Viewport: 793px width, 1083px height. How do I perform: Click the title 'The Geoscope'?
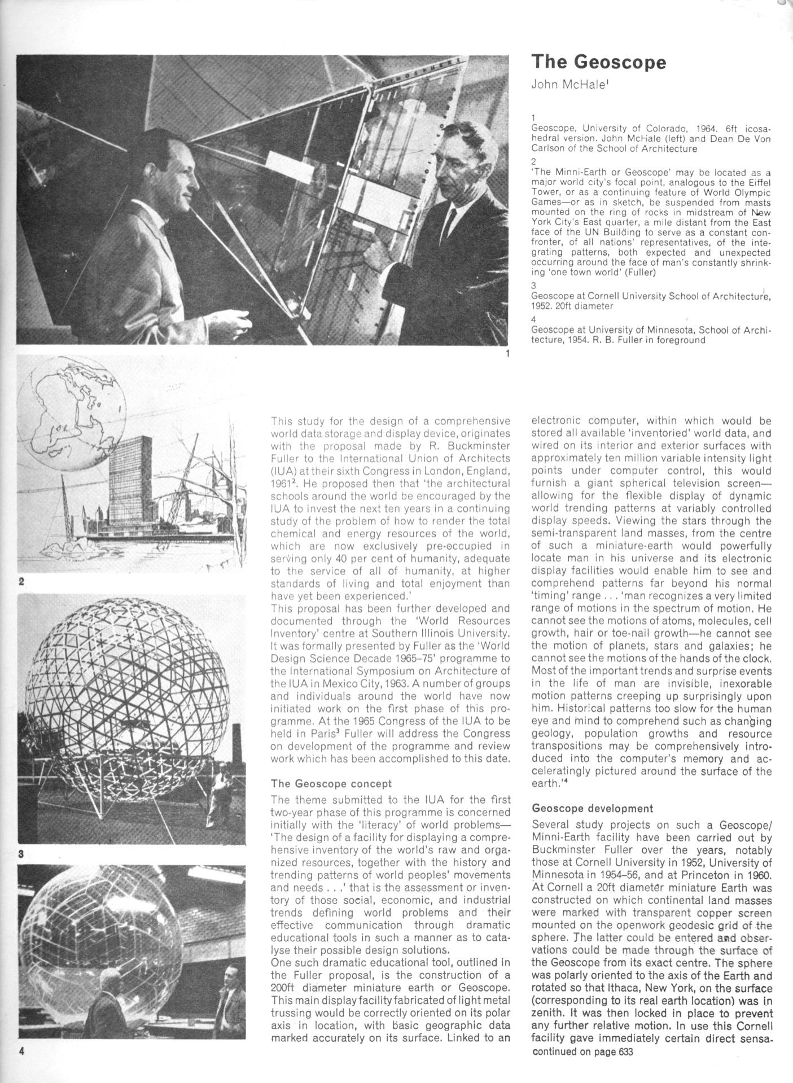(x=598, y=62)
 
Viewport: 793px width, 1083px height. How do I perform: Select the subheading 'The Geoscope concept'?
(x=331, y=783)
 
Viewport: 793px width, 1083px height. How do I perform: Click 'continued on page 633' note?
(x=582, y=1051)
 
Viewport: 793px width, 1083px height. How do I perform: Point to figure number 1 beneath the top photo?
(x=508, y=354)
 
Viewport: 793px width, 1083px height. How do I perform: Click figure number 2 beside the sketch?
(x=21, y=581)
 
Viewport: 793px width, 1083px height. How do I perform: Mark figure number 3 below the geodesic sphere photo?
(x=21, y=854)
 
